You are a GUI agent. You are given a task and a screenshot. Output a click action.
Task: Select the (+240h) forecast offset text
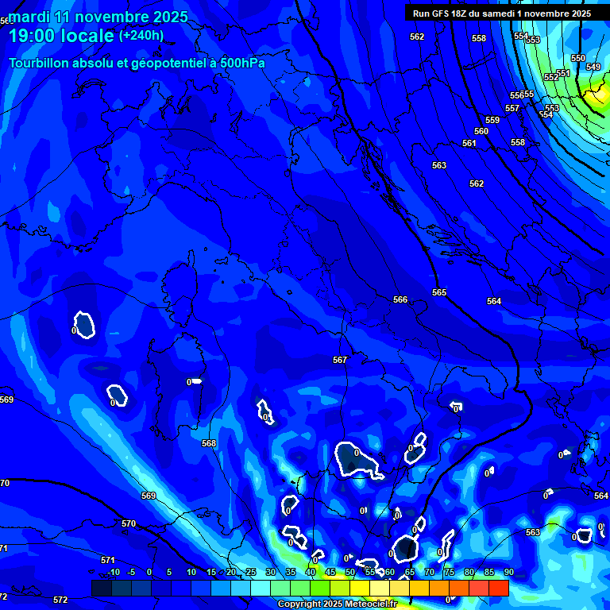click(x=141, y=35)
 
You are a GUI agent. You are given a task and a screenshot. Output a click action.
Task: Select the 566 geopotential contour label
click(x=400, y=299)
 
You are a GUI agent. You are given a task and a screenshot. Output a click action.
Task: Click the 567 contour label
click(x=340, y=360)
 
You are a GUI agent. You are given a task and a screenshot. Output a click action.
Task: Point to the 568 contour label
click(x=209, y=443)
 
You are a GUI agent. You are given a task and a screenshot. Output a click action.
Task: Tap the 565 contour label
click(x=439, y=292)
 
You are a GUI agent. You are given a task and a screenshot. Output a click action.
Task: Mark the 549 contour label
click(x=593, y=67)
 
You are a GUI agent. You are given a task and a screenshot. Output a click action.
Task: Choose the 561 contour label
click(x=469, y=143)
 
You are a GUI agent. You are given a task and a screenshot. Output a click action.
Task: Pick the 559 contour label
click(x=492, y=120)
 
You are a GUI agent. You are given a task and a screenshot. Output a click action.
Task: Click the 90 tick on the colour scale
click(x=508, y=573)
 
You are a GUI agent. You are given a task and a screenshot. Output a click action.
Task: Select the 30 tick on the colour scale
click(x=271, y=573)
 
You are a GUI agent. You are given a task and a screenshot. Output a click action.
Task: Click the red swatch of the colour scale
click(x=498, y=588)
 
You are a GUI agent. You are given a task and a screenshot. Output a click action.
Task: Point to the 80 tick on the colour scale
click(x=469, y=573)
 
